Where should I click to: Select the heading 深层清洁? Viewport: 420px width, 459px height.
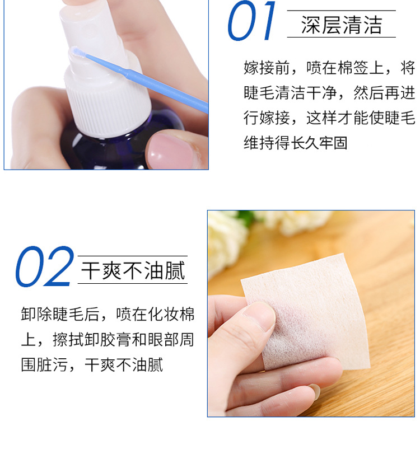coord(341,25)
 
